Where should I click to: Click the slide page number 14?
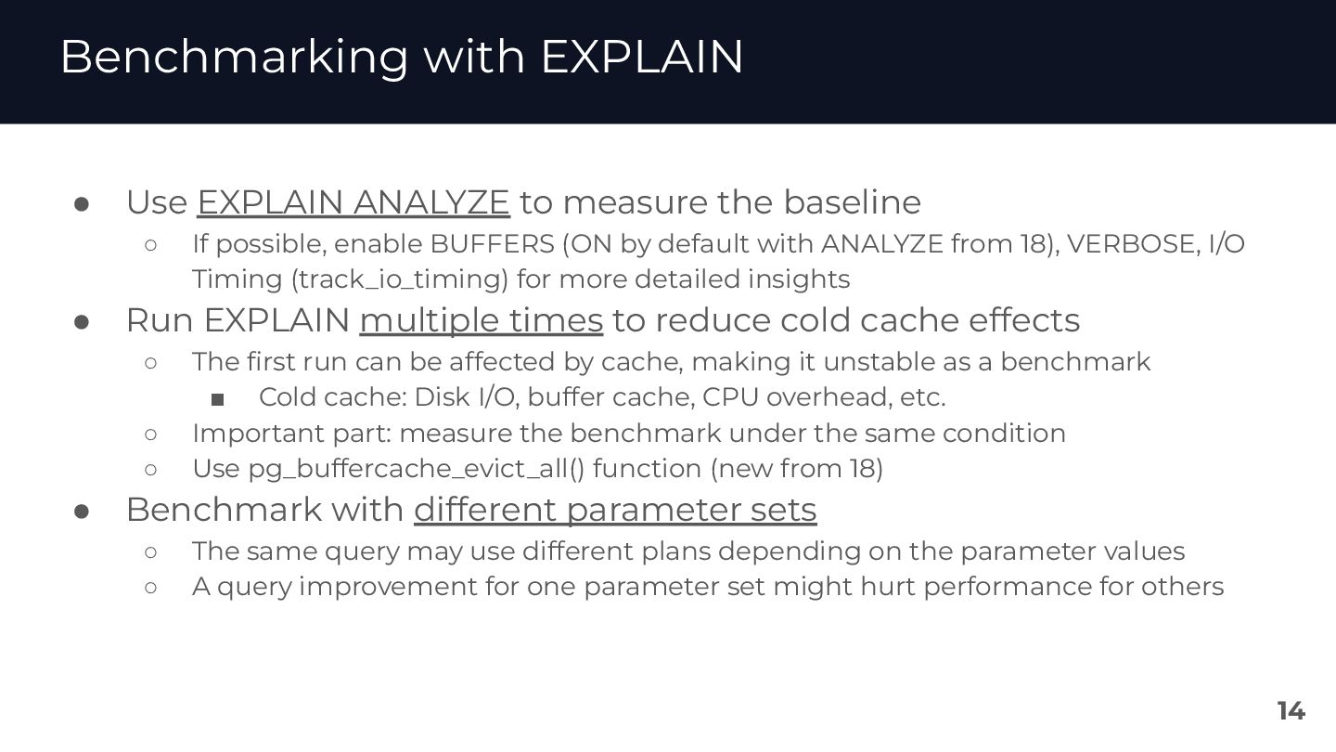pyautogui.click(x=1291, y=711)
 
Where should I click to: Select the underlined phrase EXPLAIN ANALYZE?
pyautogui.click(x=353, y=202)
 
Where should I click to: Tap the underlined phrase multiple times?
pyautogui.click(x=481, y=320)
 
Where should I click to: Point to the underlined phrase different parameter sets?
pyautogui.click(x=614, y=510)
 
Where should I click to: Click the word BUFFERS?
pyautogui.click(x=492, y=244)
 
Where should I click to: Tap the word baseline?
pyautogui.click(x=852, y=202)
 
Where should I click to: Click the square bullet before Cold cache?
pyautogui.click(x=218, y=399)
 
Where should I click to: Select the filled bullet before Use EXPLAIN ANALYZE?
pyautogui.click(x=82, y=203)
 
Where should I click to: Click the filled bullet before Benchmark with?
pyautogui.click(x=82, y=511)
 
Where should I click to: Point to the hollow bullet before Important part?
pyautogui.click(x=151, y=434)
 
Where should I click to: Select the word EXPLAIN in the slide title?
pyautogui.click(x=641, y=58)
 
